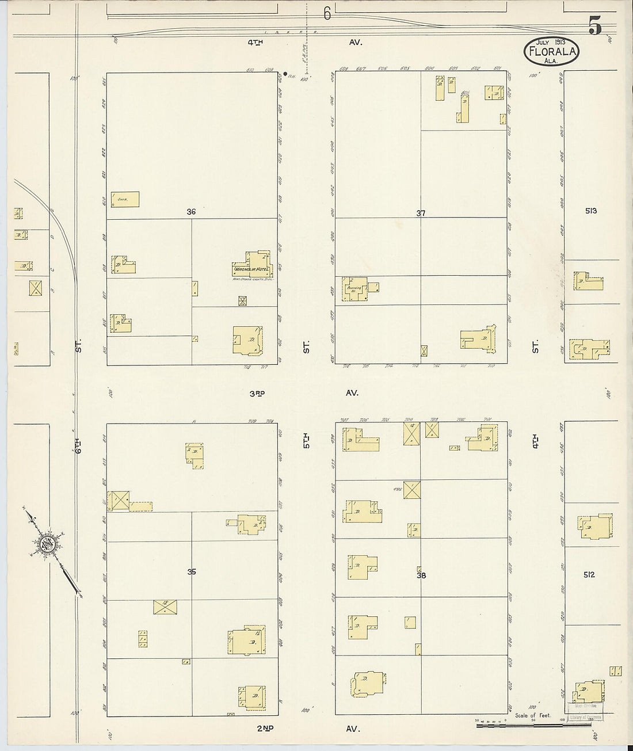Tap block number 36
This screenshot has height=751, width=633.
tap(191, 212)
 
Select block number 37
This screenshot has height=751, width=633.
tap(421, 214)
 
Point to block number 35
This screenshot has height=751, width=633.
tap(192, 571)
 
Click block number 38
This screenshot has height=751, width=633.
tap(421, 574)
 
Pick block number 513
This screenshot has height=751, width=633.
tap(590, 211)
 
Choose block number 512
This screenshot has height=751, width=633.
tap(589, 574)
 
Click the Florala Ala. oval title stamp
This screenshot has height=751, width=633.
tap(551, 51)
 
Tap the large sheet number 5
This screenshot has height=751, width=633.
tap(595, 25)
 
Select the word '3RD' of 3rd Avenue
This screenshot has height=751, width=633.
tap(257, 393)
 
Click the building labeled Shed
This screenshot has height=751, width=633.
tap(125, 199)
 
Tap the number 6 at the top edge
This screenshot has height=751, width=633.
tap(327, 14)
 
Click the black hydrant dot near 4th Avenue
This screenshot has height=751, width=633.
tap(285, 74)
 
